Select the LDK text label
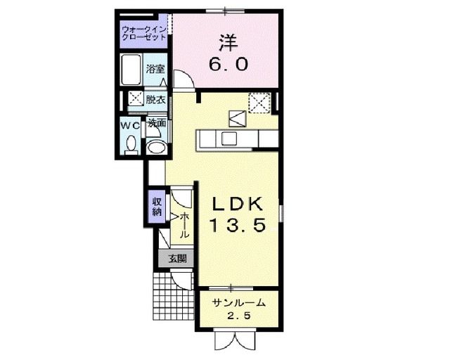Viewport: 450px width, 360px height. [238, 205]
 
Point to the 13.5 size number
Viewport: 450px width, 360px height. [238, 226]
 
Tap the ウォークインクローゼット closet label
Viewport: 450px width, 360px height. [143, 32]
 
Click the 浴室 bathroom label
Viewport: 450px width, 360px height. [155, 69]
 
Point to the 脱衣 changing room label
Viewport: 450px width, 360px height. [156, 100]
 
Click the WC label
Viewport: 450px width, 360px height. [130, 124]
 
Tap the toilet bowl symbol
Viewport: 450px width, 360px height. [130, 144]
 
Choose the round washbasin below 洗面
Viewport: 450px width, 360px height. [157, 146]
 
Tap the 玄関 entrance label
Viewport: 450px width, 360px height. [176, 258]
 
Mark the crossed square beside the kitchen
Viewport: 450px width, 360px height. [260, 104]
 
